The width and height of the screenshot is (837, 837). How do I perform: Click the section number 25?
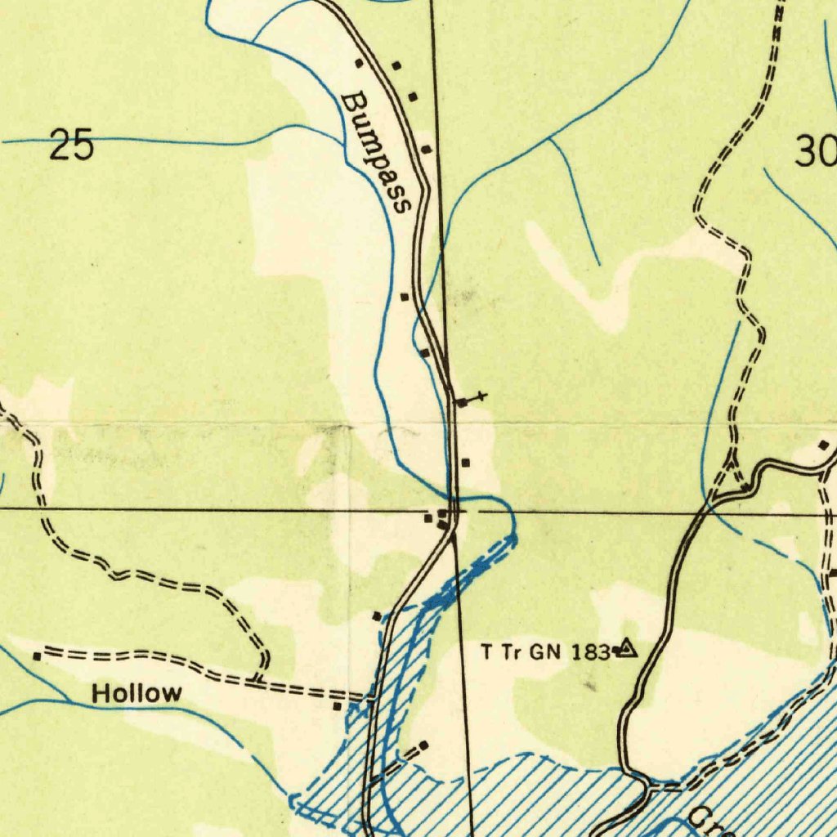72,146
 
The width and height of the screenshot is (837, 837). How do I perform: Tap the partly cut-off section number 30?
816,152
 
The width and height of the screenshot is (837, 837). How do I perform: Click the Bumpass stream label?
375,152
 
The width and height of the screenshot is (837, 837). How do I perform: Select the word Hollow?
137,694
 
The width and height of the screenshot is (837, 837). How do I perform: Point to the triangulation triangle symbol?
626,649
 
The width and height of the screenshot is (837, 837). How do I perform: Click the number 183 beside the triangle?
593,651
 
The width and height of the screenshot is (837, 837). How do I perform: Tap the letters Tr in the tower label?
512,651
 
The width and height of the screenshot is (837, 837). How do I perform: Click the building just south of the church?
466,463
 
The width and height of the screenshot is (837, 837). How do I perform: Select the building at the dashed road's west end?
37,656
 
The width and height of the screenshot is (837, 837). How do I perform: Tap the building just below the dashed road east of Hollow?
337,706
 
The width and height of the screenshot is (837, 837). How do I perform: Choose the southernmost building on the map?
423,745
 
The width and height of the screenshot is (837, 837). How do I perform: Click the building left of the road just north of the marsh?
377,615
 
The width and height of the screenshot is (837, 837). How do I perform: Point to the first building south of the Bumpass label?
405,297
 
